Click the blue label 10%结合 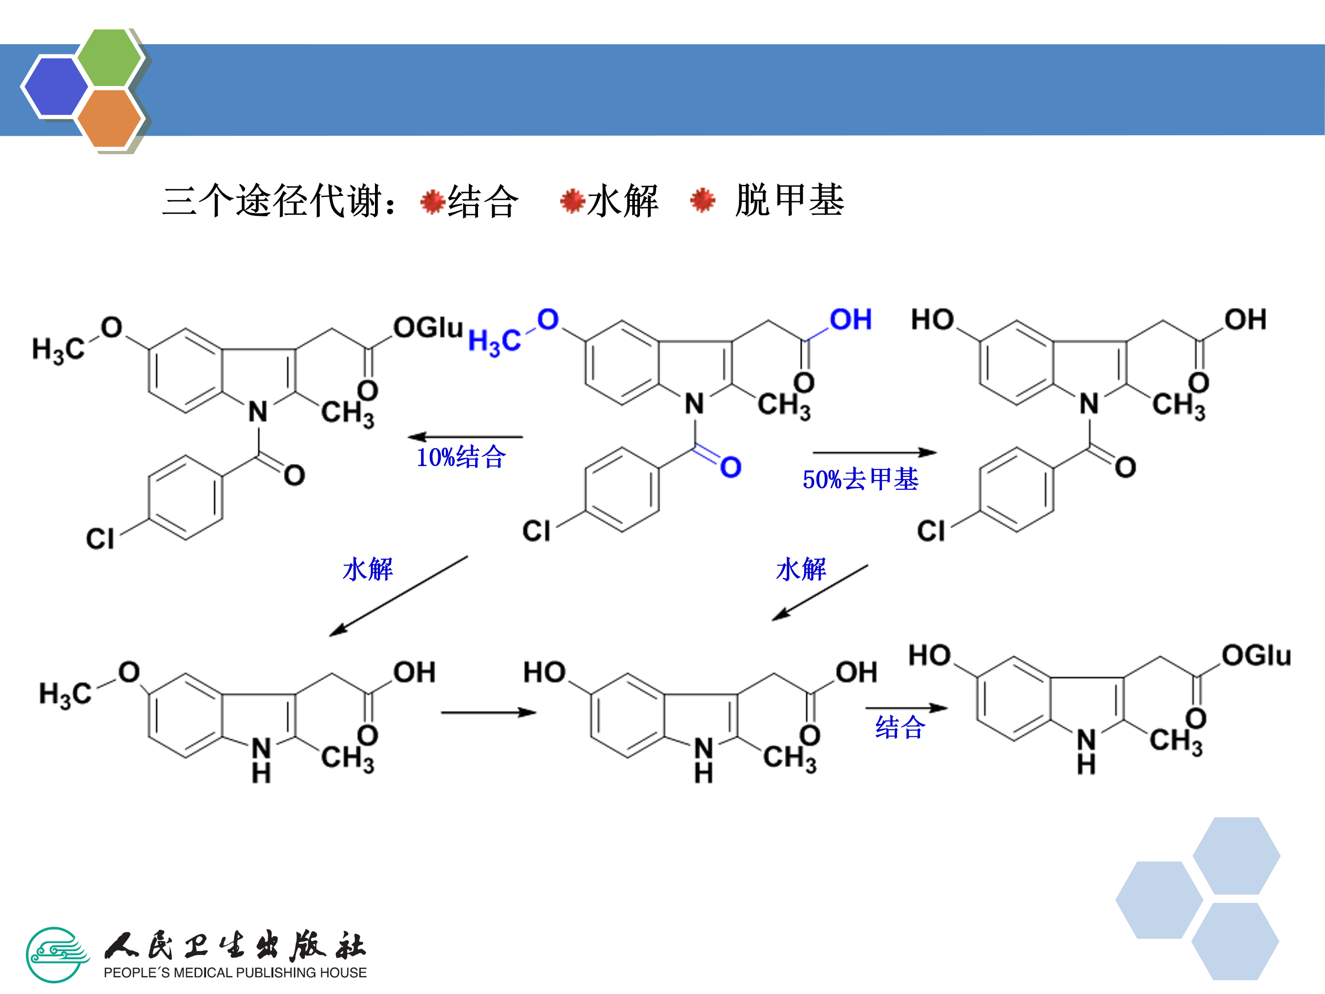[x=461, y=457]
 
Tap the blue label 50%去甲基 [x=860, y=480]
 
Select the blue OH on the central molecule [x=851, y=319]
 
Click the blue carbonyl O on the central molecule [x=731, y=467]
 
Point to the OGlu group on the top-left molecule [x=428, y=328]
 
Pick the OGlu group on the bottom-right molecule [x=1256, y=655]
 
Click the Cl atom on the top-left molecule [x=99, y=538]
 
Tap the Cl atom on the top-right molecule [x=931, y=531]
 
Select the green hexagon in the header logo [x=109, y=58]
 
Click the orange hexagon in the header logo [x=109, y=118]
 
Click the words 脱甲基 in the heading [x=790, y=200]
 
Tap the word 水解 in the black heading [x=623, y=201]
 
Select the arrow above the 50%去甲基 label [x=875, y=452]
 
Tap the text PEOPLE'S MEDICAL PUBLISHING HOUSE [x=235, y=972]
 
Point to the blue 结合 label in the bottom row [x=900, y=728]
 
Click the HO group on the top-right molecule [x=932, y=319]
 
